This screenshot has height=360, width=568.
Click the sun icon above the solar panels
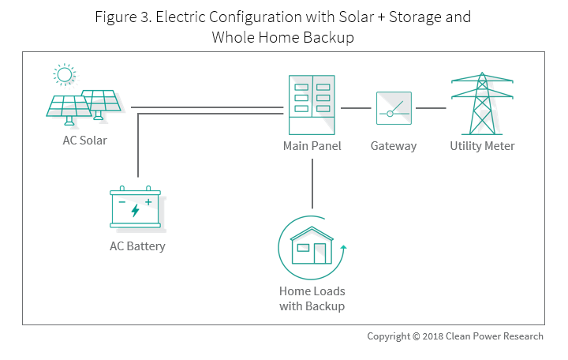click(x=63, y=76)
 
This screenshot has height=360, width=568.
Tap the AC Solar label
click(x=84, y=141)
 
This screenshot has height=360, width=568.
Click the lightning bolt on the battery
click(x=135, y=211)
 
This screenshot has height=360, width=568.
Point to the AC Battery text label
click(x=137, y=246)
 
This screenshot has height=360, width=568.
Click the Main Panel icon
click(x=312, y=105)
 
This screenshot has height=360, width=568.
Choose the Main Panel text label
click(x=312, y=146)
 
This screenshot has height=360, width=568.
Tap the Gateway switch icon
click(x=394, y=107)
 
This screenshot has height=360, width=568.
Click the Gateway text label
click(x=394, y=146)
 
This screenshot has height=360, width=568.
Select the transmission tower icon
click(x=481, y=105)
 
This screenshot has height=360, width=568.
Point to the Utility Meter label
click(x=482, y=146)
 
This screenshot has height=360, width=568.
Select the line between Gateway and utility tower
click(x=431, y=107)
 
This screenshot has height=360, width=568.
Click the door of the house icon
click(x=319, y=253)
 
